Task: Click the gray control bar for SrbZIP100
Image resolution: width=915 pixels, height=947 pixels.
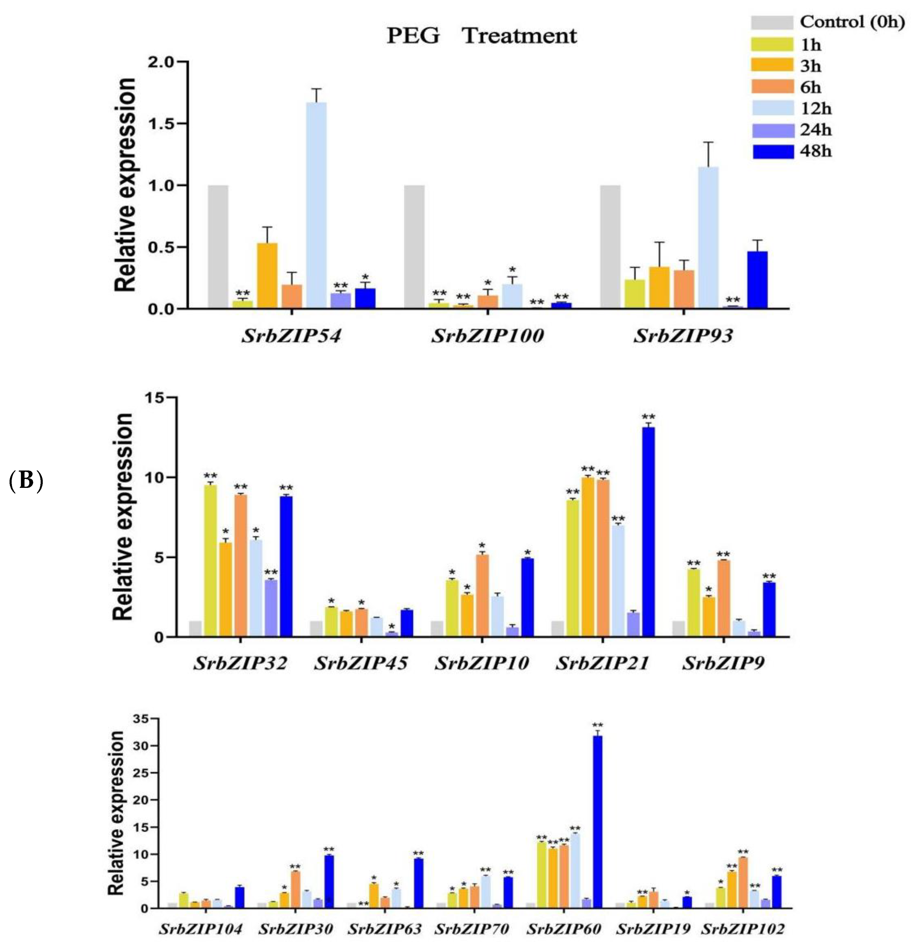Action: click(414, 246)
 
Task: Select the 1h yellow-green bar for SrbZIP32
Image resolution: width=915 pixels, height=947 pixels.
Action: click(210, 561)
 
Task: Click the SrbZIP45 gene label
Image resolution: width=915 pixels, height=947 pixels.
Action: click(361, 663)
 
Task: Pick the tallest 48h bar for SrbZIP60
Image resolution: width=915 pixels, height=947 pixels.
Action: click(597, 821)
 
